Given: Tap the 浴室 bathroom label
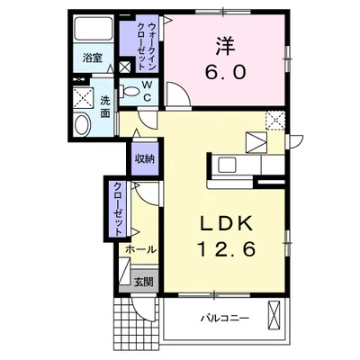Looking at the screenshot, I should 94,57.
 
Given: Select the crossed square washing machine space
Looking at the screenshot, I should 83,96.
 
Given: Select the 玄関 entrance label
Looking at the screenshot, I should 143,280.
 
